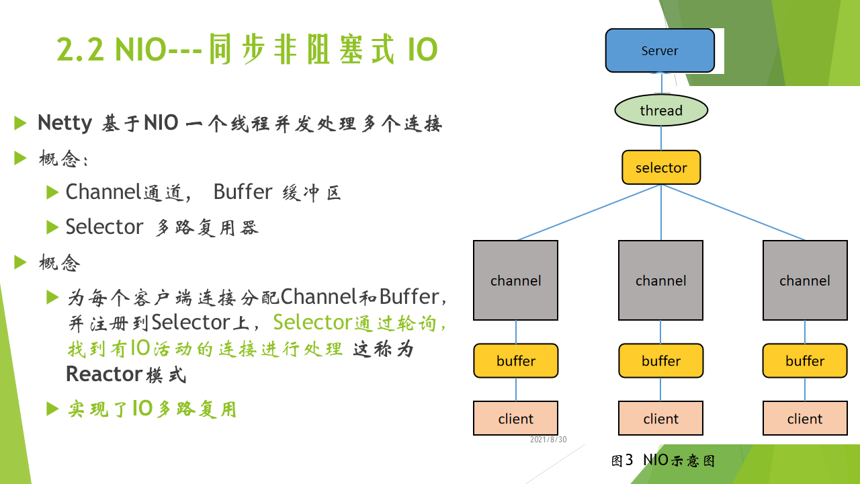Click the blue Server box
click(660, 50)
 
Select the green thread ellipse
click(661, 110)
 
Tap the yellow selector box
click(661, 167)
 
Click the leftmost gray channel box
click(515, 280)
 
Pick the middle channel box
click(660, 280)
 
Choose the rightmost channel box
click(805, 280)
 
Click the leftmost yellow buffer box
click(515, 361)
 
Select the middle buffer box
click(660, 361)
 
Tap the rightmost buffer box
click(805, 361)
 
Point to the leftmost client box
click(515, 418)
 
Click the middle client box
click(660, 418)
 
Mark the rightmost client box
click(805, 418)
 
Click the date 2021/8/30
click(548, 440)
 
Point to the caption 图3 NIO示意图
click(663, 460)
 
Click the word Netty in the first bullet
click(65, 123)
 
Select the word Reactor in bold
click(104, 374)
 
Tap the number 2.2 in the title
click(80, 49)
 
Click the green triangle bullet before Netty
click(20, 123)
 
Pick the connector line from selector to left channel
click(589, 212)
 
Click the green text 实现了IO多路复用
click(152, 409)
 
